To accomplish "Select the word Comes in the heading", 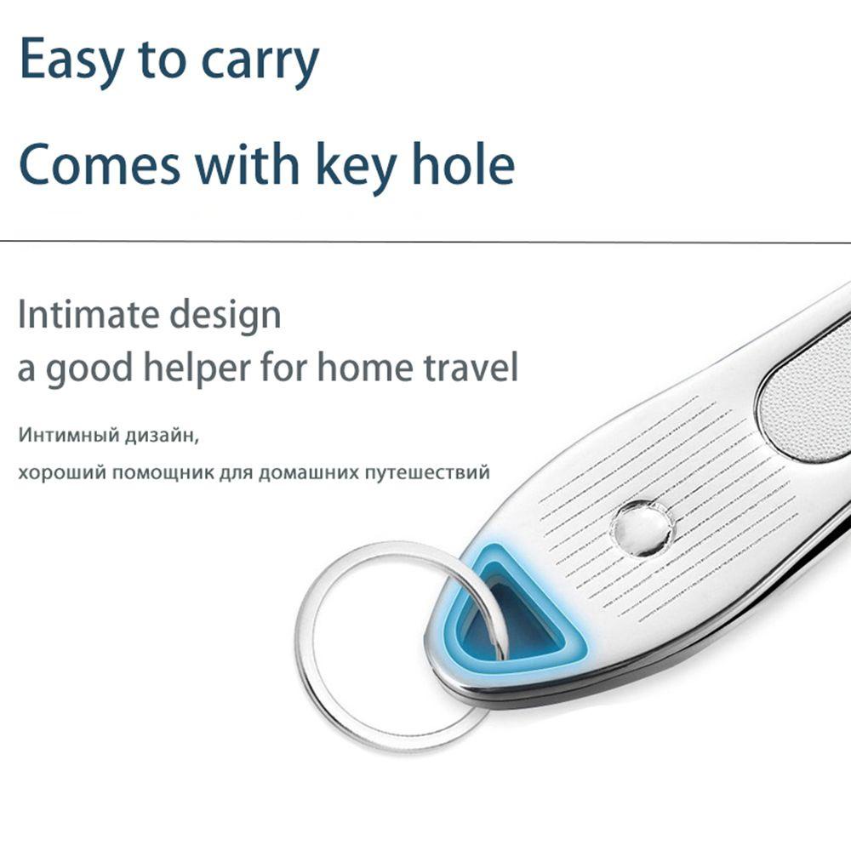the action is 100,164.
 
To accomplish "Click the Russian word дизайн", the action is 163,436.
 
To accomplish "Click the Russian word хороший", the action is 61,473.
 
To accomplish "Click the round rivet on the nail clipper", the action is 642,528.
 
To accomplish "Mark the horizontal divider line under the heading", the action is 425,241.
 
